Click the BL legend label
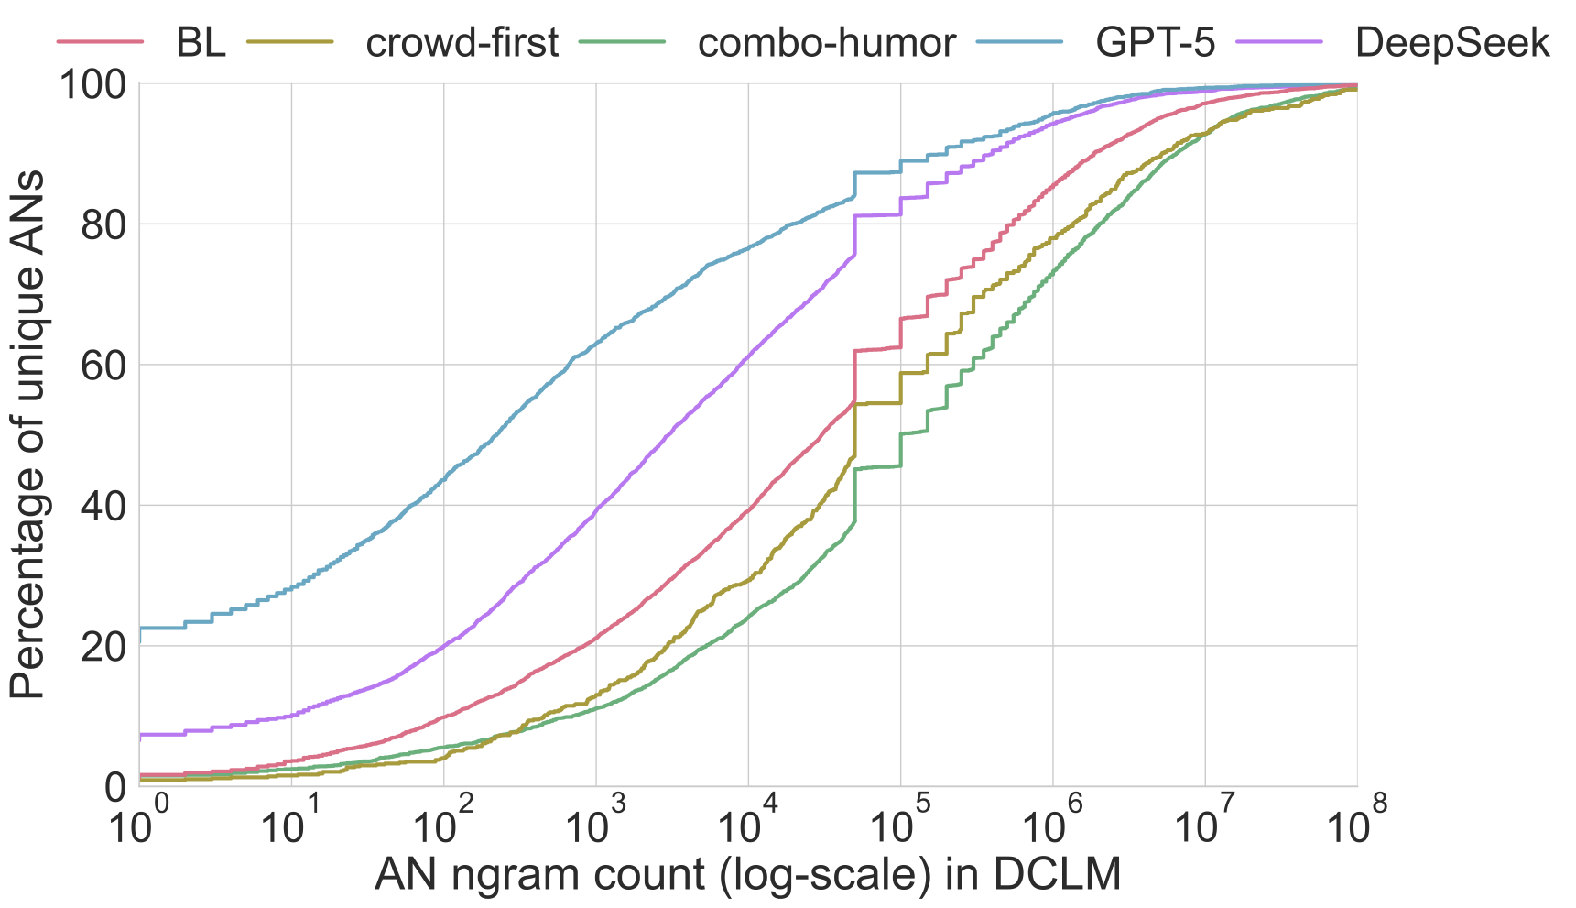point(201,43)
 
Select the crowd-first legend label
point(462,43)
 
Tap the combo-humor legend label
point(827,43)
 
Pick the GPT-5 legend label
point(1156,43)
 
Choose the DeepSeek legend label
point(1452,43)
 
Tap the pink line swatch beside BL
point(100,42)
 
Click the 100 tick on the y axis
point(92,85)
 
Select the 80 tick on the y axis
point(103,225)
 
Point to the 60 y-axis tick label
point(103,366)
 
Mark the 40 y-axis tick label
point(103,506)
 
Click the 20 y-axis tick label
point(103,646)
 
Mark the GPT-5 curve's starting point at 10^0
point(140,629)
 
